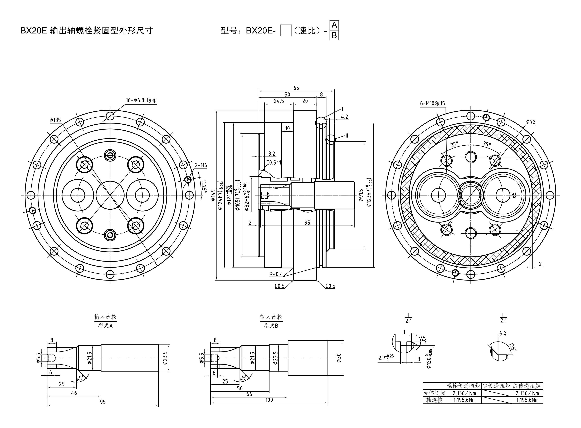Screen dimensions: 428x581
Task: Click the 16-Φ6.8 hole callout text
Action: point(141,100)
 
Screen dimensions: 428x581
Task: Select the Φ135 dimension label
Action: point(55,120)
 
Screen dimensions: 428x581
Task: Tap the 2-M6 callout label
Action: point(201,165)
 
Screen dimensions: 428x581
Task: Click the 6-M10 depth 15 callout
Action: point(432,103)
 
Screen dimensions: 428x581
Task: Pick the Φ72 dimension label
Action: point(531,122)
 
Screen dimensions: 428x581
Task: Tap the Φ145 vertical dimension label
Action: point(213,195)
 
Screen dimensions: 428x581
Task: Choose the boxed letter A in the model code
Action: point(334,25)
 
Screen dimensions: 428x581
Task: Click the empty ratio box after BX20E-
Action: point(286,31)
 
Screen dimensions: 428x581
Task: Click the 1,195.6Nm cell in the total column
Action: point(527,400)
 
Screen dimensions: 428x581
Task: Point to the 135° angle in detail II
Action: point(512,347)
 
